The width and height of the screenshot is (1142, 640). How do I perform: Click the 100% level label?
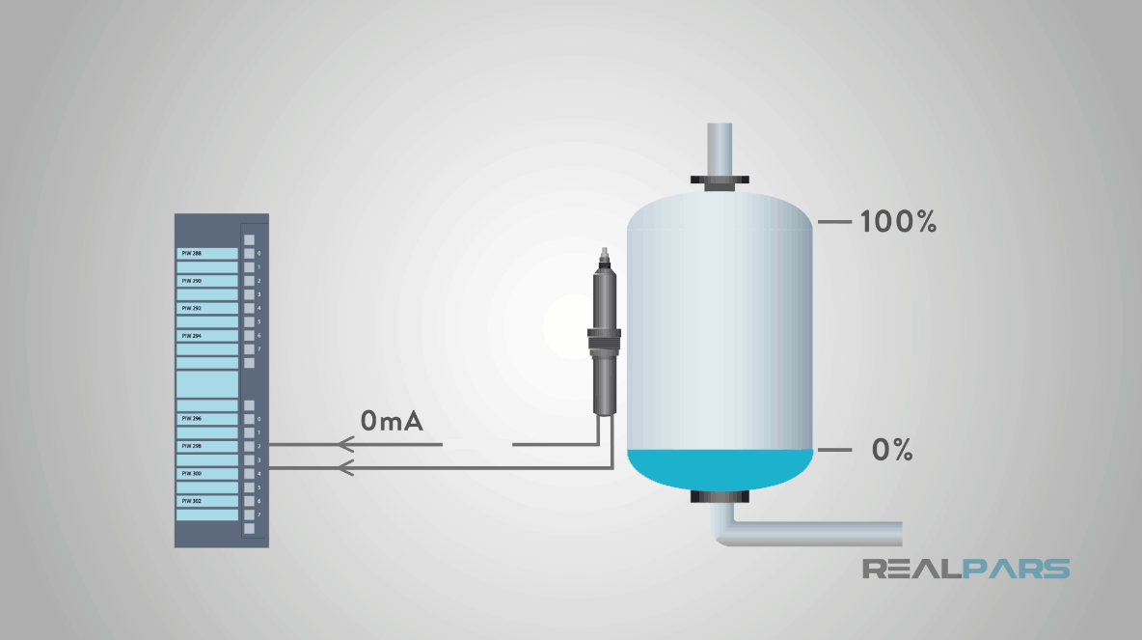(898, 222)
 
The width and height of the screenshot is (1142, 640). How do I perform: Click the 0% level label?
(891, 450)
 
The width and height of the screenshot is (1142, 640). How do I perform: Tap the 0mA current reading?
(392, 421)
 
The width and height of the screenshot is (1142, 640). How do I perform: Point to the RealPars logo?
(965, 568)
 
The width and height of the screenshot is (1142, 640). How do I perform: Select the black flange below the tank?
(721, 497)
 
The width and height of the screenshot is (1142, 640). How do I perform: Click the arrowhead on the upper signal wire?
(345, 445)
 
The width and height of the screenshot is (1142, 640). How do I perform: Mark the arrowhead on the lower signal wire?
(345, 468)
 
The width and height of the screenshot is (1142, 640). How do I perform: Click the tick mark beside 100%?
(834, 222)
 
